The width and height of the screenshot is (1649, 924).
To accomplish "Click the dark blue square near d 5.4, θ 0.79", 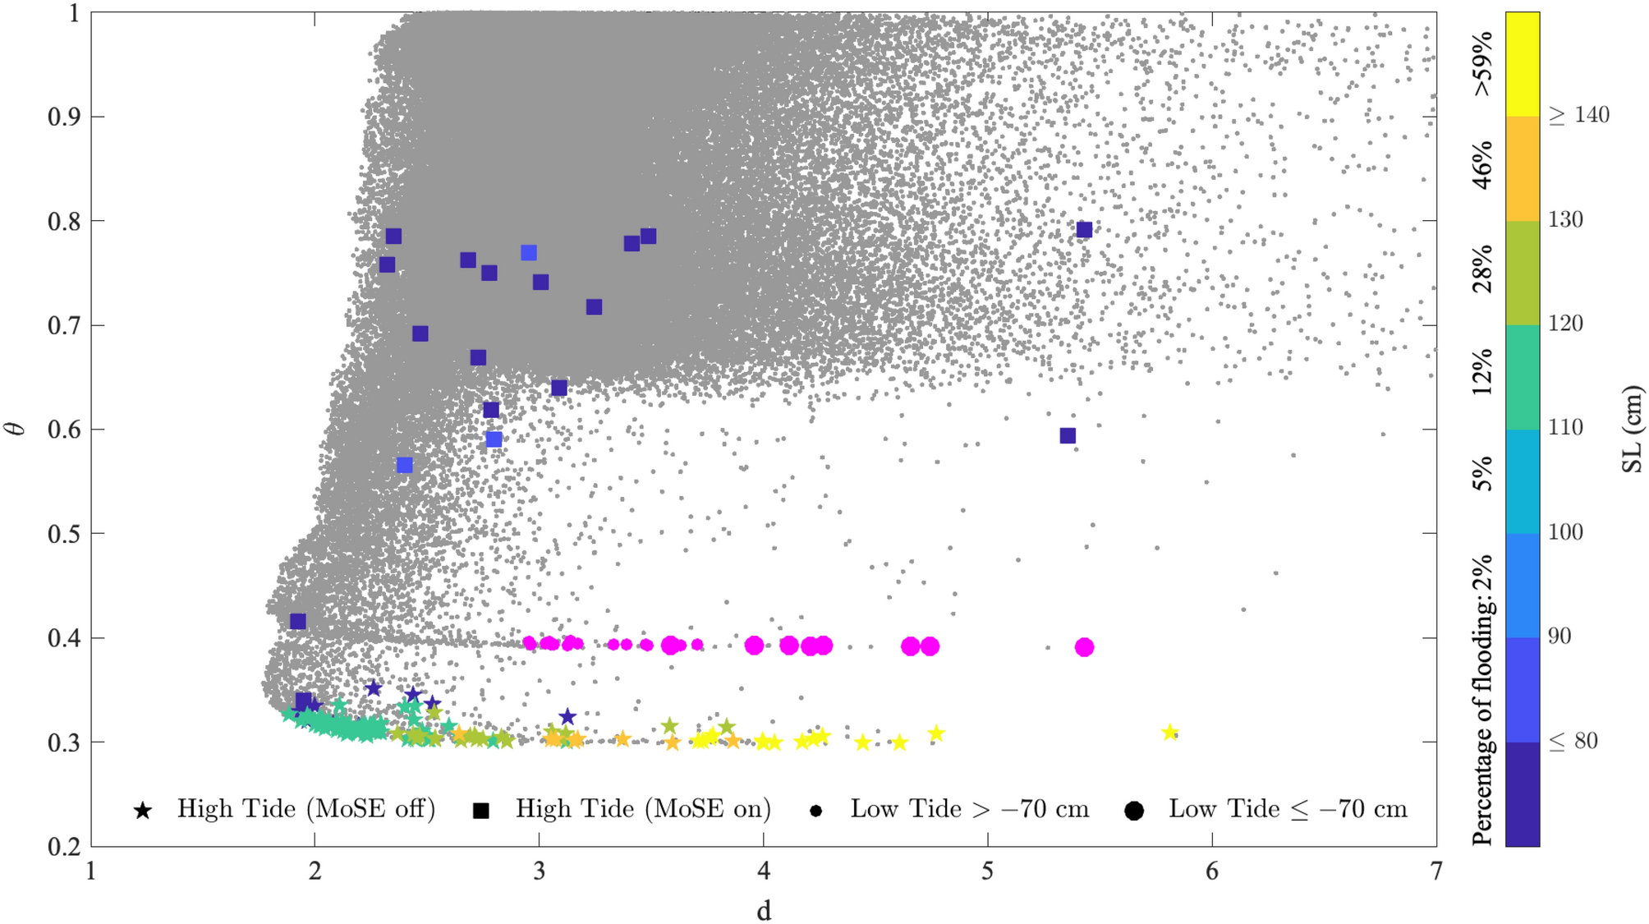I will [1084, 230].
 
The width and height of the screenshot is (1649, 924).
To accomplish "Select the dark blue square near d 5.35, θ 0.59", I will [1068, 435].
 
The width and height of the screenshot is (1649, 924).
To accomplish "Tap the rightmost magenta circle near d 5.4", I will [1084, 647].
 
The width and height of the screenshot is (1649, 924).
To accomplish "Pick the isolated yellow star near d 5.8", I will [1170, 732].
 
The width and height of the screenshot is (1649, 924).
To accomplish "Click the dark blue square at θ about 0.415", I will [298, 621].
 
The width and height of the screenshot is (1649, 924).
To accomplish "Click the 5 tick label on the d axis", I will [988, 871].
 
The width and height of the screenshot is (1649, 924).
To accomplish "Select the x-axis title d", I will [764, 910].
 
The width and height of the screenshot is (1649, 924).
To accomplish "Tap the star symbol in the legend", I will [143, 811].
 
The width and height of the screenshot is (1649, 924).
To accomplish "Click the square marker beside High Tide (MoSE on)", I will [481, 811].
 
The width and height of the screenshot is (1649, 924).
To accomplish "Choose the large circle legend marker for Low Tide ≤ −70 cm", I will [1134, 811].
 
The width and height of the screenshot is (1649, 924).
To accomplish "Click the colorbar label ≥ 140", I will [1578, 115].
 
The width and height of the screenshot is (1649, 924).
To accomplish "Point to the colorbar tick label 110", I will [1565, 427].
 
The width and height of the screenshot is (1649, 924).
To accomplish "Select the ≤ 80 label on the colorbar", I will [1573, 741].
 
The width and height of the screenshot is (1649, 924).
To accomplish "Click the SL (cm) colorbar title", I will [1632, 429].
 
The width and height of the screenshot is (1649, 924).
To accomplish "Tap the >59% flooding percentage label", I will [1482, 64].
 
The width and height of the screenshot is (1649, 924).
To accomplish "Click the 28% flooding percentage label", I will [1482, 269].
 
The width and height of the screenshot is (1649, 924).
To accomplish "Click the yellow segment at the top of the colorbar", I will [1522, 64].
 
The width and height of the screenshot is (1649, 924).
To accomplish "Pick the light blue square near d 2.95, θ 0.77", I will [529, 253].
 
